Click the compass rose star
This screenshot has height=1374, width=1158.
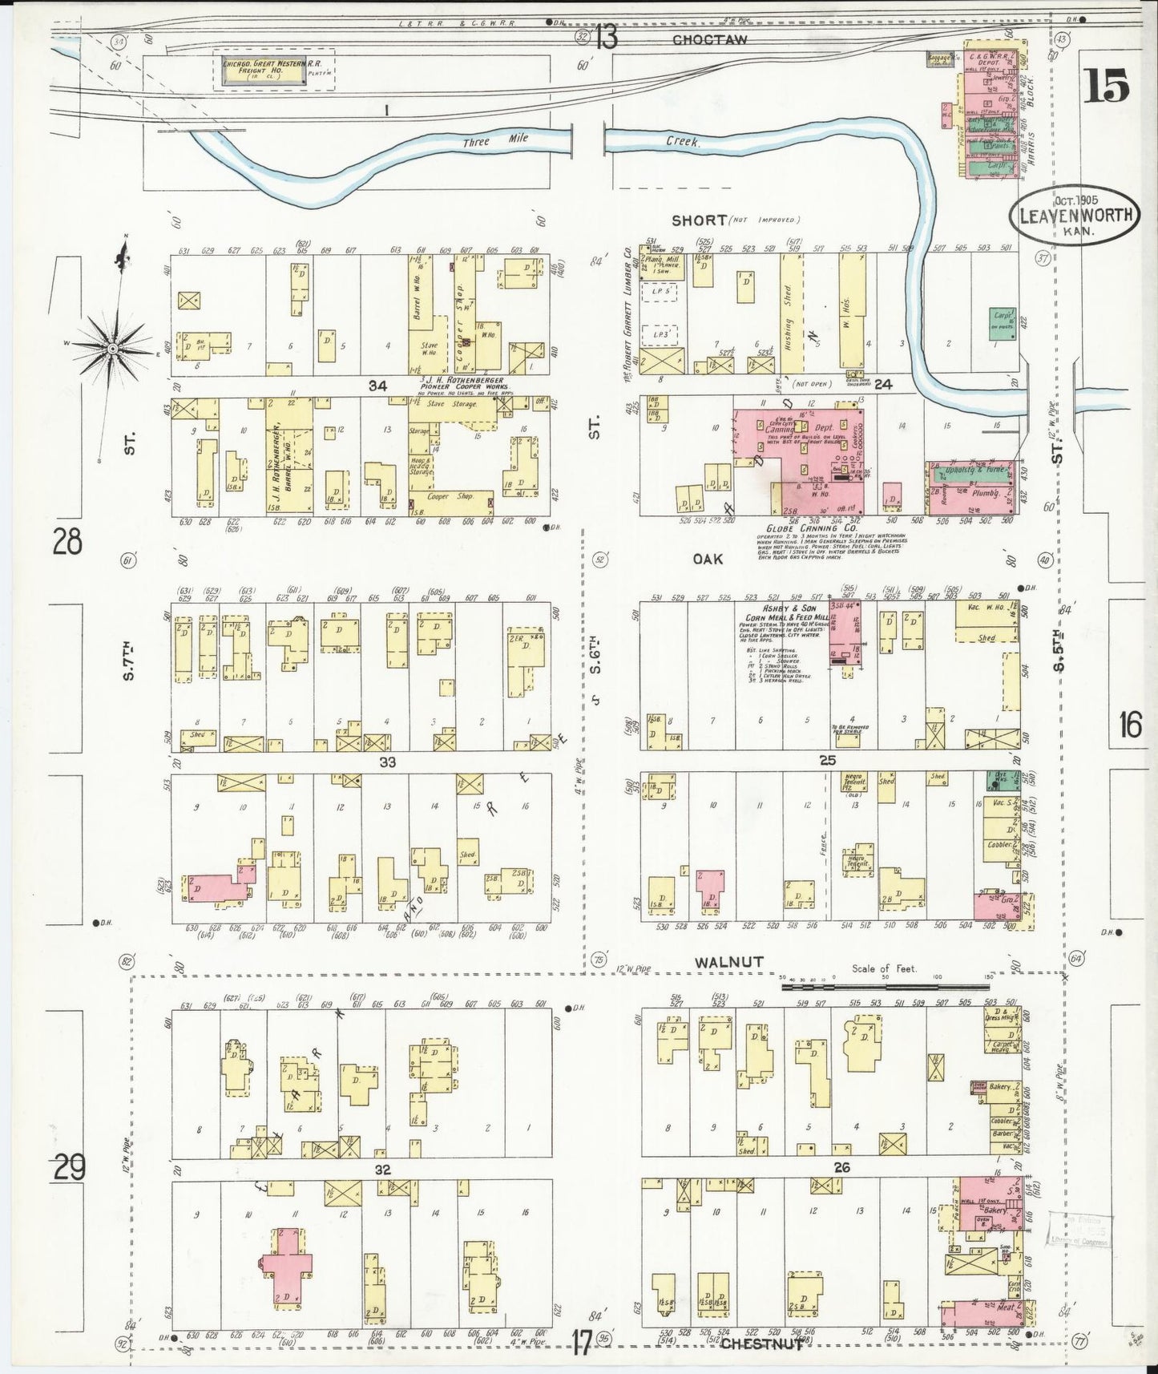point(113,348)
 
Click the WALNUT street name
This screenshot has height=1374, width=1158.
point(728,961)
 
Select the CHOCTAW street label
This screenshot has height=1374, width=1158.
point(709,38)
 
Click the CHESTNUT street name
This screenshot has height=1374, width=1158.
point(761,1344)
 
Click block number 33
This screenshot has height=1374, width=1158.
point(387,762)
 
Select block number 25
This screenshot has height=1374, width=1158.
point(828,760)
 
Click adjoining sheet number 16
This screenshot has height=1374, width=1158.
point(1130,725)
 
